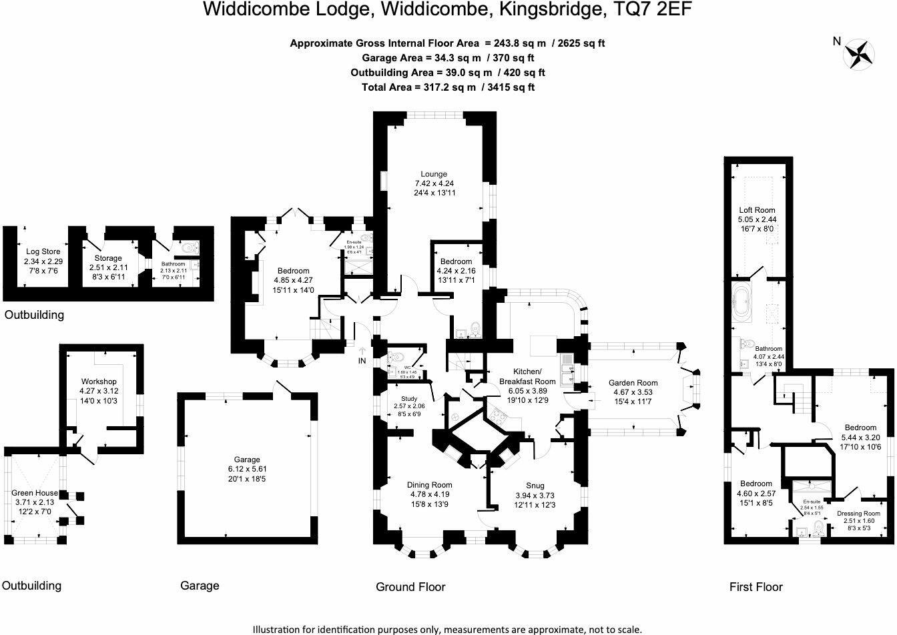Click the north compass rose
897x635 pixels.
[860, 53]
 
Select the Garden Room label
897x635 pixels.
[633, 383]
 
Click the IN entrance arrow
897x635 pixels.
[361, 355]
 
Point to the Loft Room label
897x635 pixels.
[756, 210]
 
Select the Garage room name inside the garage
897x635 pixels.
[246, 460]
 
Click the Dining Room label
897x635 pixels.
[429, 485]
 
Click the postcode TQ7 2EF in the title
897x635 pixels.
[655, 9]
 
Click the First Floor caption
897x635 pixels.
[756, 587]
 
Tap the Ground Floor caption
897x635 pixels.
[410, 587]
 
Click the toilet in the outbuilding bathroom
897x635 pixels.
[190, 248]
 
